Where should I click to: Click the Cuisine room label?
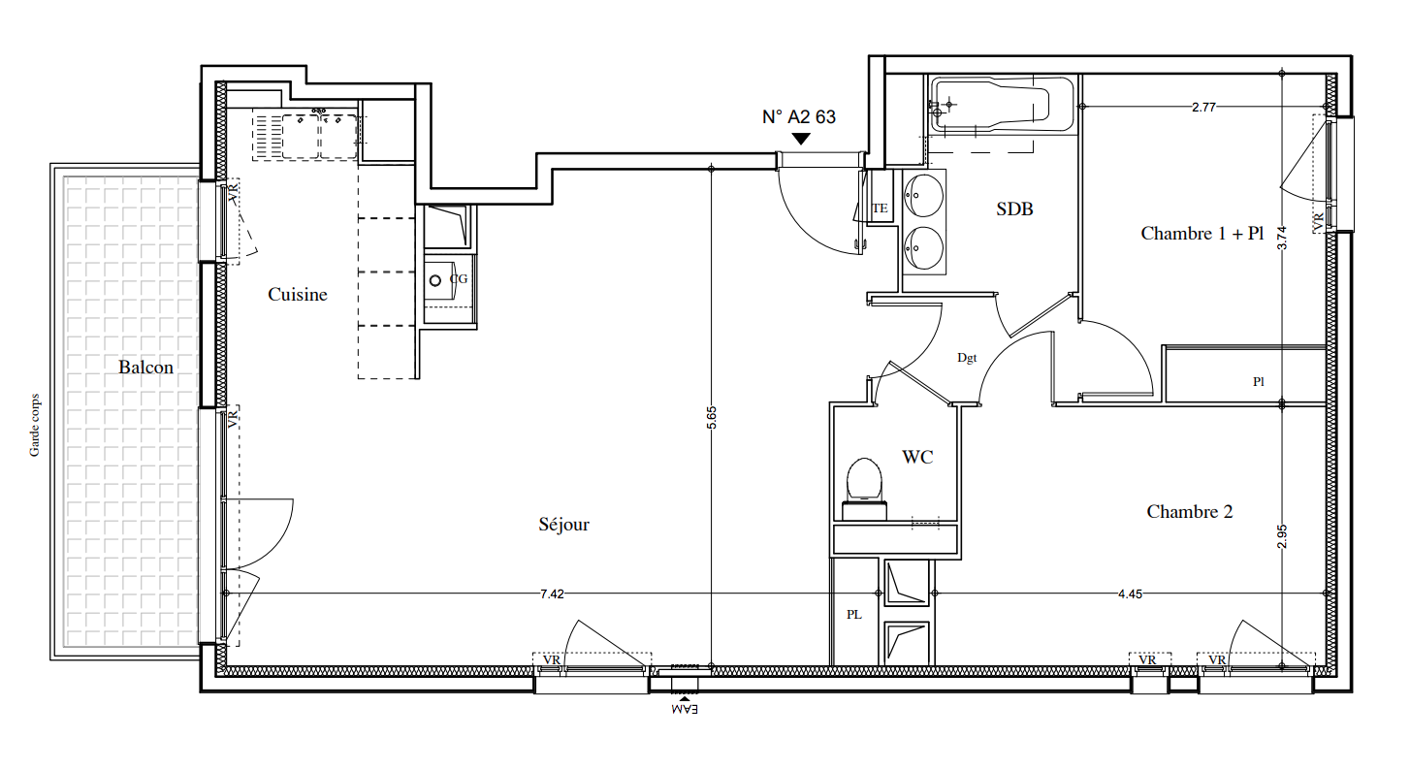[297, 294]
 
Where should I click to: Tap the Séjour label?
[564, 524]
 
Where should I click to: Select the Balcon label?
[146, 367]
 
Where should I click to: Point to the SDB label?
[1014, 209]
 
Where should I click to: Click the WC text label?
[917, 457]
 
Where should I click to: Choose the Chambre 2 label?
[1190, 512]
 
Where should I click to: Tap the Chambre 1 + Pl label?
[1202, 234]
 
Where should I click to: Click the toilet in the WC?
[864, 488]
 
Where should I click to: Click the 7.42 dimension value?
[552, 594]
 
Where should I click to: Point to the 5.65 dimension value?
[711, 418]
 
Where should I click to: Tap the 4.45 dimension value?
[1130, 594]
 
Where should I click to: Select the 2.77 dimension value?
[1203, 107]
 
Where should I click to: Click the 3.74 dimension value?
[1282, 238]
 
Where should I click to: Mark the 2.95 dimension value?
[1282, 536]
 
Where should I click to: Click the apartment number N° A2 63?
[799, 117]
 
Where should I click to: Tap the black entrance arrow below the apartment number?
[801, 139]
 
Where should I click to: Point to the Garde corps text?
[35, 425]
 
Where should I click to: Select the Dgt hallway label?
[967, 358]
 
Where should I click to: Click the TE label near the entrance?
[880, 209]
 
